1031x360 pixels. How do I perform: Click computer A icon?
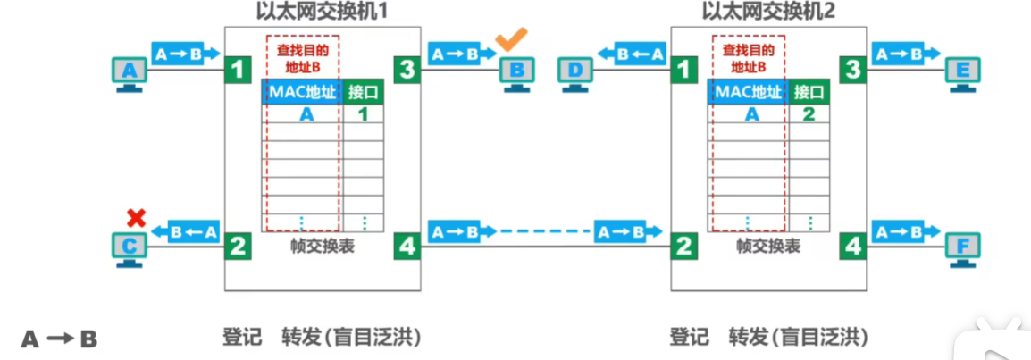tap(130, 71)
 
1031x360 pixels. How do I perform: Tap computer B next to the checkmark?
tap(517, 71)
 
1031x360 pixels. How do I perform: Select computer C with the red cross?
tap(130, 247)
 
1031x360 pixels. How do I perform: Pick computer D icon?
tap(576, 71)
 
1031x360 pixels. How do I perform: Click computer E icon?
tap(964, 71)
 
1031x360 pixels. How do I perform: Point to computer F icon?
tap(964, 247)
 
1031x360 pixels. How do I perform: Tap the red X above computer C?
tap(136, 216)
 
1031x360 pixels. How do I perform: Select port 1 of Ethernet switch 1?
tap(236, 69)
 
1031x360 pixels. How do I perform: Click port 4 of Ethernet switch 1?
tap(407, 245)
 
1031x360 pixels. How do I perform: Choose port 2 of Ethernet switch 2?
tap(683, 245)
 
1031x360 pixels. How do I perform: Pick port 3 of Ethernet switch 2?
tap(854, 69)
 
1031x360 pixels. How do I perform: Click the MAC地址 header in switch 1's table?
tap(301, 91)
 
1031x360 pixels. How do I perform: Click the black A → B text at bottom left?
tap(59, 339)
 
